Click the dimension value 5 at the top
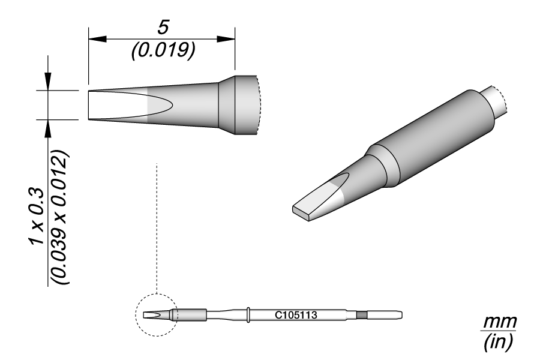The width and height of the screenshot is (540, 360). tap(163, 28)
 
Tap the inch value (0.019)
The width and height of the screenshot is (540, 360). tap(163, 50)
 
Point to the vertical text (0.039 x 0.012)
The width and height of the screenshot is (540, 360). tap(60, 217)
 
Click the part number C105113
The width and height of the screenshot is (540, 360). tap(296, 315)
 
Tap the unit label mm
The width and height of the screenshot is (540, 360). tap(499, 322)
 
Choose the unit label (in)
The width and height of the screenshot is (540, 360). tap(499, 341)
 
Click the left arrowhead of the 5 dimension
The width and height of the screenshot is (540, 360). tap(97, 39)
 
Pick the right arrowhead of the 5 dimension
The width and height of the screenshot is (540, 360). tap(226, 39)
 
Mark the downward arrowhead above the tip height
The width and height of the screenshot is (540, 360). tap(48, 82)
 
